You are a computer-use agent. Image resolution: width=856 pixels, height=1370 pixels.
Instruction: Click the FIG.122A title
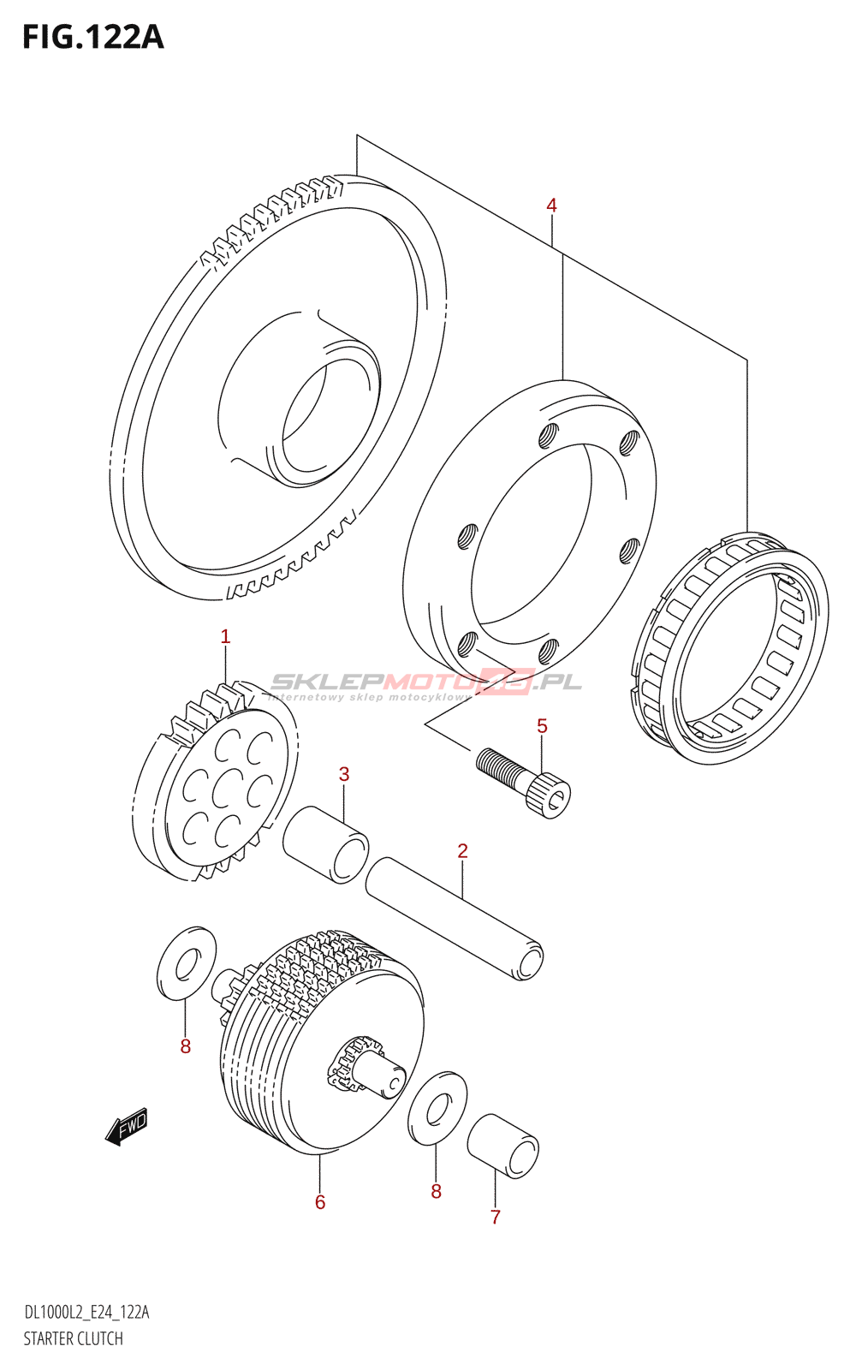pyautogui.click(x=92, y=38)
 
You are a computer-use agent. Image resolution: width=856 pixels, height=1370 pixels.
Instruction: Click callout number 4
pyautogui.click(x=551, y=205)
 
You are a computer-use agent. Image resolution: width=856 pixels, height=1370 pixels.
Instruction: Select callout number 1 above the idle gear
pyautogui.click(x=225, y=637)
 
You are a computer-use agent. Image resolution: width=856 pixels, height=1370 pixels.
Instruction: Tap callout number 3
pyautogui.click(x=344, y=775)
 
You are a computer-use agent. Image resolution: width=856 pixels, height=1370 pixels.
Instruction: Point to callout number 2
pyautogui.click(x=462, y=851)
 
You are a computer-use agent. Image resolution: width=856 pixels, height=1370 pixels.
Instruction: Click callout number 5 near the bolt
pyautogui.click(x=542, y=727)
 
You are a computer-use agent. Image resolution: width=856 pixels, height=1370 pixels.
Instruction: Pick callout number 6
pyautogui.click(x=320, y=1202)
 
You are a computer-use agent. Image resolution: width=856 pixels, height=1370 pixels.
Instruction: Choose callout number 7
pyautogui.click(x=495, y=1217)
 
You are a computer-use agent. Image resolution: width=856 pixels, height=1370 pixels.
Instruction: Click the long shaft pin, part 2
pyautogui.click(x=454, y=916)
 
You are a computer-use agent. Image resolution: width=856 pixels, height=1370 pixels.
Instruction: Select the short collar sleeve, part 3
pyautogui.click(x=325, y=843)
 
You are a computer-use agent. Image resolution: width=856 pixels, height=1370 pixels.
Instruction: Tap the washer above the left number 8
pyautogui.click(x=187, y=962)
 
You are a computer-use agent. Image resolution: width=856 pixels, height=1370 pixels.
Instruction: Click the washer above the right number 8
pyautogui.click(x=437, y=1108)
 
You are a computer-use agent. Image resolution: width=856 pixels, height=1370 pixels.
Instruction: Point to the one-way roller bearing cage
pyautogui.click(x=729, y=649)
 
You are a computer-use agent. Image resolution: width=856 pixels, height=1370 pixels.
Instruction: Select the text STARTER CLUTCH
pyautogui.click(x=73, y=1338)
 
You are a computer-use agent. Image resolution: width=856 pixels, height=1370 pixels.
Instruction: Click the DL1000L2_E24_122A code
pyautogui.click(x=86, y=1313)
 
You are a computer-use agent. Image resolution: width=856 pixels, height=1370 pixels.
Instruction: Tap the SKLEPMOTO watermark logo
pyautogui.click(x=425, y=683)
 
